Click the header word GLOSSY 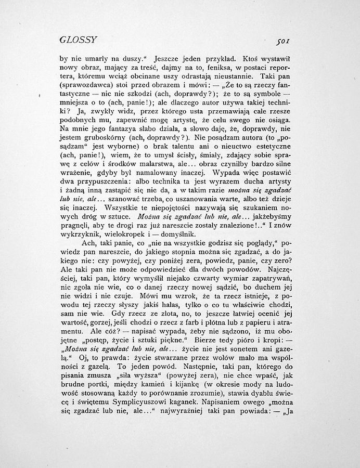pos(79,41)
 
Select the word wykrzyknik pos(83,227)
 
